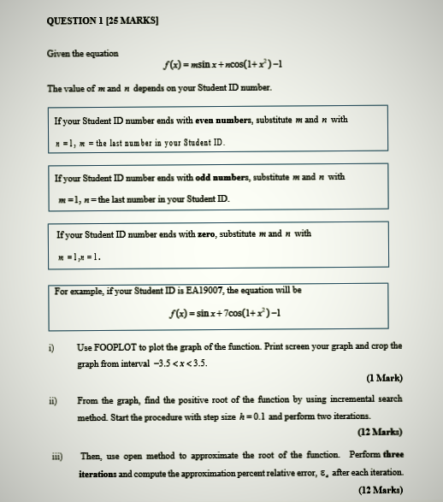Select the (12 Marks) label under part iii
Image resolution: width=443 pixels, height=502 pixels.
(380, 490)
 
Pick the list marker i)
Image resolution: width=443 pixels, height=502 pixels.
(52, 347)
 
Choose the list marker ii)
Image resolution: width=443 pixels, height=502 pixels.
(53, 399)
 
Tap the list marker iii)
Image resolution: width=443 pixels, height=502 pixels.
(55, 457)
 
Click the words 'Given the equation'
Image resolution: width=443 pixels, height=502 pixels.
(83, 54)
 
